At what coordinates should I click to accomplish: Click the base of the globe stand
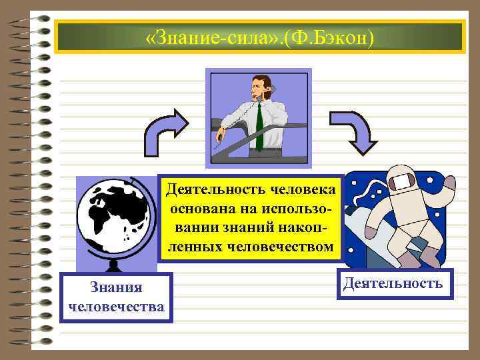click(113, 266)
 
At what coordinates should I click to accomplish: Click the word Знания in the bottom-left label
click(116, 287)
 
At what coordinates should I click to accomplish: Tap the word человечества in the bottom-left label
click(116, 307)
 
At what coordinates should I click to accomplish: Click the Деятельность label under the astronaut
click(393, 283)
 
